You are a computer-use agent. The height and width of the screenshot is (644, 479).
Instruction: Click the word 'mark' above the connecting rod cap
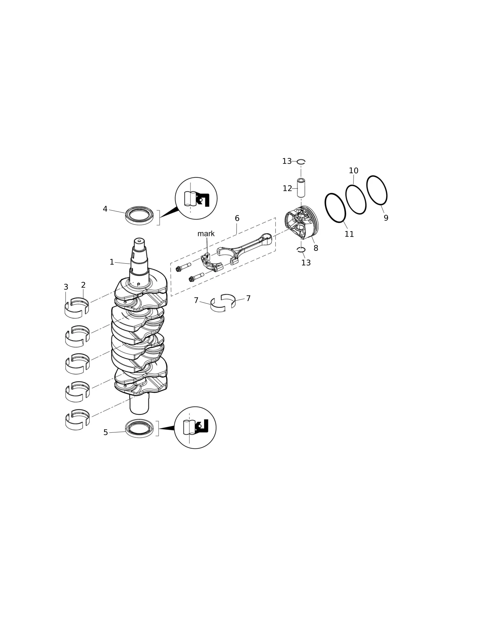[206, 234]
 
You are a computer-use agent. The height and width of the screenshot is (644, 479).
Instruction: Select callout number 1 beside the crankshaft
[112, 262]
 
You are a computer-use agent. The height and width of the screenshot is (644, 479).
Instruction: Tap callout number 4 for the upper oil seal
[105, 209]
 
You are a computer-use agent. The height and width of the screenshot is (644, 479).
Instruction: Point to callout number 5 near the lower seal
[106, 432]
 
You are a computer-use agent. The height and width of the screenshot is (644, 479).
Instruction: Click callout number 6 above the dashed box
[237, 218]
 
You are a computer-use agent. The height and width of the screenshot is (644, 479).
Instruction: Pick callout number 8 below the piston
[316, 248]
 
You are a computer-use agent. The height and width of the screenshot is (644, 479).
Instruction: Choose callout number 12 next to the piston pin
[287, 189]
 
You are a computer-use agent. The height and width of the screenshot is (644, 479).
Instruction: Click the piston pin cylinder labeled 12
[301, 188]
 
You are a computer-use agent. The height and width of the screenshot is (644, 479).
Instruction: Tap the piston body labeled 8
[301, 222]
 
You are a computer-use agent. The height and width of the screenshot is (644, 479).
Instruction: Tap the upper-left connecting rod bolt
[183, 267]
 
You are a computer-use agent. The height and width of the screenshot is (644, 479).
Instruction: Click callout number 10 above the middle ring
[354, 171]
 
